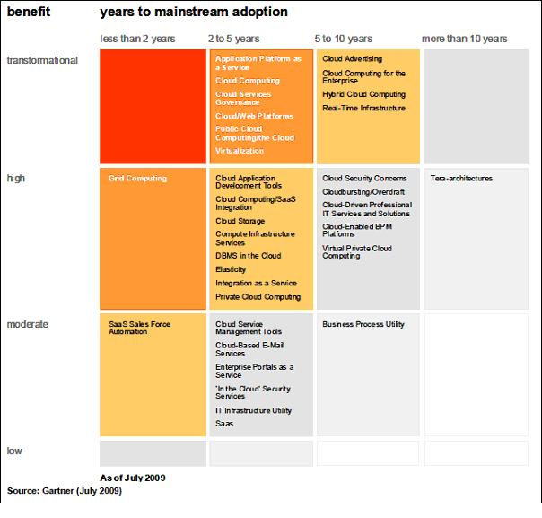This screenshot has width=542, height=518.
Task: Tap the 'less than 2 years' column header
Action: click(x=137, y=39)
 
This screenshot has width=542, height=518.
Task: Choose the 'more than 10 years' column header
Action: click(x=465, y=39)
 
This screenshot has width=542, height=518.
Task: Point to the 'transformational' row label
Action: click(x=42, y=60)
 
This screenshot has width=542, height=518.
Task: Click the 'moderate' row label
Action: click(x=27, y=323)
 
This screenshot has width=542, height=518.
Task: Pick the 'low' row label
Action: click(x=14, y=451)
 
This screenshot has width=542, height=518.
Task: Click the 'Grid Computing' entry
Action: click(x=137, y=179)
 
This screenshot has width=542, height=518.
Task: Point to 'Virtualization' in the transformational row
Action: click(x=239, y=152)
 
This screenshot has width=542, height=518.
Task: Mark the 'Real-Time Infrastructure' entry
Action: click(x=363, y=109)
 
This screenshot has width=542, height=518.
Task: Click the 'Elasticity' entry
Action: click(x=231, y=269)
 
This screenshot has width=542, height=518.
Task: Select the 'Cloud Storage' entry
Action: click(x=240, y=220)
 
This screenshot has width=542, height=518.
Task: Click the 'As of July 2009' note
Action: click(x=132, y=478)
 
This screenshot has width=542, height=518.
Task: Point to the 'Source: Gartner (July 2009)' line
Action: click(x=64, y=491)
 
